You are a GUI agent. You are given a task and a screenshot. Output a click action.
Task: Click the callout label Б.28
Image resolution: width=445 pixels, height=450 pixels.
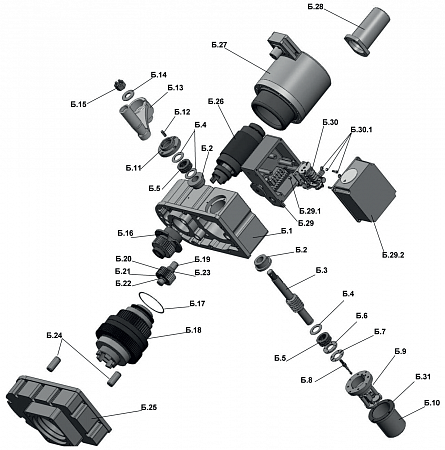pyautogui.click(x=315, y=7)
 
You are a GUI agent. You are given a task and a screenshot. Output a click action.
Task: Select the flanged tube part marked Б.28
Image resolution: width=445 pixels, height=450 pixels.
pyautogui.click(x=367, y=31)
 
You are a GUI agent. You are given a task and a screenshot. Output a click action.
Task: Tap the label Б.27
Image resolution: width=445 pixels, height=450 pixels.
pyautogui.click(x=219, y=45)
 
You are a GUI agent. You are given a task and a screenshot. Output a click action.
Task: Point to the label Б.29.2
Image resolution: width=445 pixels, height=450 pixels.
pyautogui.click(x=393, y=255)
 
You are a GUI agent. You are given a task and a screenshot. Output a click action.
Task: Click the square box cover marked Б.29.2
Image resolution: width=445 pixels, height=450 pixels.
pyautogui.click(x=363, y=189)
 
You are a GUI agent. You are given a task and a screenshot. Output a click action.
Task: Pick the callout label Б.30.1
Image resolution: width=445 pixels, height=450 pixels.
pyautogui.click(x=361, y=129)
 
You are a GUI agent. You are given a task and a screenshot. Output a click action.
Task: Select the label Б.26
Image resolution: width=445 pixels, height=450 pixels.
pyautogui.click(x=216, y=101)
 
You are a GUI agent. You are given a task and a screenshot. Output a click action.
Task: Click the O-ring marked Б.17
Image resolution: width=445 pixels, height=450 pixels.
pyautogui.click(x=151, y=302)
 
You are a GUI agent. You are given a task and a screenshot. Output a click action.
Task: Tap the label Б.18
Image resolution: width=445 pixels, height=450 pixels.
pyautogui.click(x=194, y=330)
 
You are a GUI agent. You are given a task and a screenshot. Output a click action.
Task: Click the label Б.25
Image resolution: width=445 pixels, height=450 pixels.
pyautogui.click(x=149, y=407)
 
